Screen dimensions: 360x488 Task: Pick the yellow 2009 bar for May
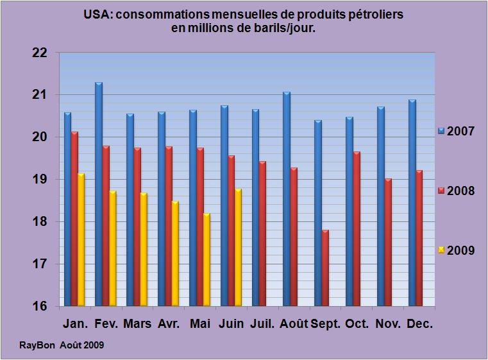pos(207,259)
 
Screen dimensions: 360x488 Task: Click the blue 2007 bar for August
pos(287,199)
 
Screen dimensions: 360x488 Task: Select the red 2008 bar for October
pos(357,228)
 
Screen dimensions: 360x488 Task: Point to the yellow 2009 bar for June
pos(239,247)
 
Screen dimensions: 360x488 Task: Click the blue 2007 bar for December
pos(412,203)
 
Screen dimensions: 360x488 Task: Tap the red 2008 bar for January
pos(74,219)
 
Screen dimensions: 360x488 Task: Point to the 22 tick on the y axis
pos(40,53)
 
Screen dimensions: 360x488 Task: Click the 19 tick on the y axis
pos(40,180)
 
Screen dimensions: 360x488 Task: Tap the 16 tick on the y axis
pos(40,306)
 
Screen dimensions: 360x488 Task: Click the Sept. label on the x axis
pos(326,324)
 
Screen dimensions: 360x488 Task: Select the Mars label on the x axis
pos(137,323)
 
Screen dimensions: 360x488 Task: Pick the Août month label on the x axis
pos(294,323)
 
